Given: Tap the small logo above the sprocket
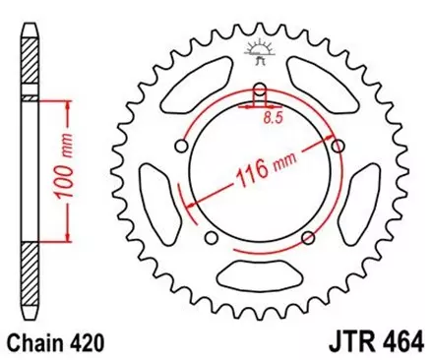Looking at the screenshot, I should coord(260,49).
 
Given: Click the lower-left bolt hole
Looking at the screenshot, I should coord(210,239).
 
